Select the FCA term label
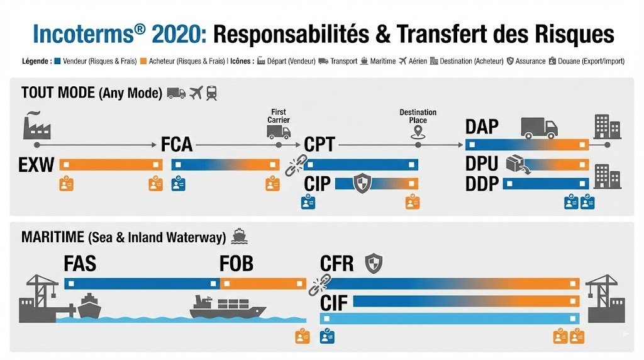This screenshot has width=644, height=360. (177, 145)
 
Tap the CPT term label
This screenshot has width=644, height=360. (319, 145)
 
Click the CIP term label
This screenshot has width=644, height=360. (318, 184)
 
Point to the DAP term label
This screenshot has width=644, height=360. (482, 127)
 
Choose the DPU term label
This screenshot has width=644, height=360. (482, 164)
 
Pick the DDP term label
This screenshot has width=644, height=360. (482, 184)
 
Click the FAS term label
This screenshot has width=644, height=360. (80, 263)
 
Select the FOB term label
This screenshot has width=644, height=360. (236, 263)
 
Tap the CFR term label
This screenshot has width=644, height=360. (336, 263)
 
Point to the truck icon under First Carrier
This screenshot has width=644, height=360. (279, 132)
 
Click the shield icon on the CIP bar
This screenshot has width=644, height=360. (363, 184)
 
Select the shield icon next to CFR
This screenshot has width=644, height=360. (374, 262)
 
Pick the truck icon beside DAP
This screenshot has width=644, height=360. (539, 128)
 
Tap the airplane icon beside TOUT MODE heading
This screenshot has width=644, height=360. (196, 93)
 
